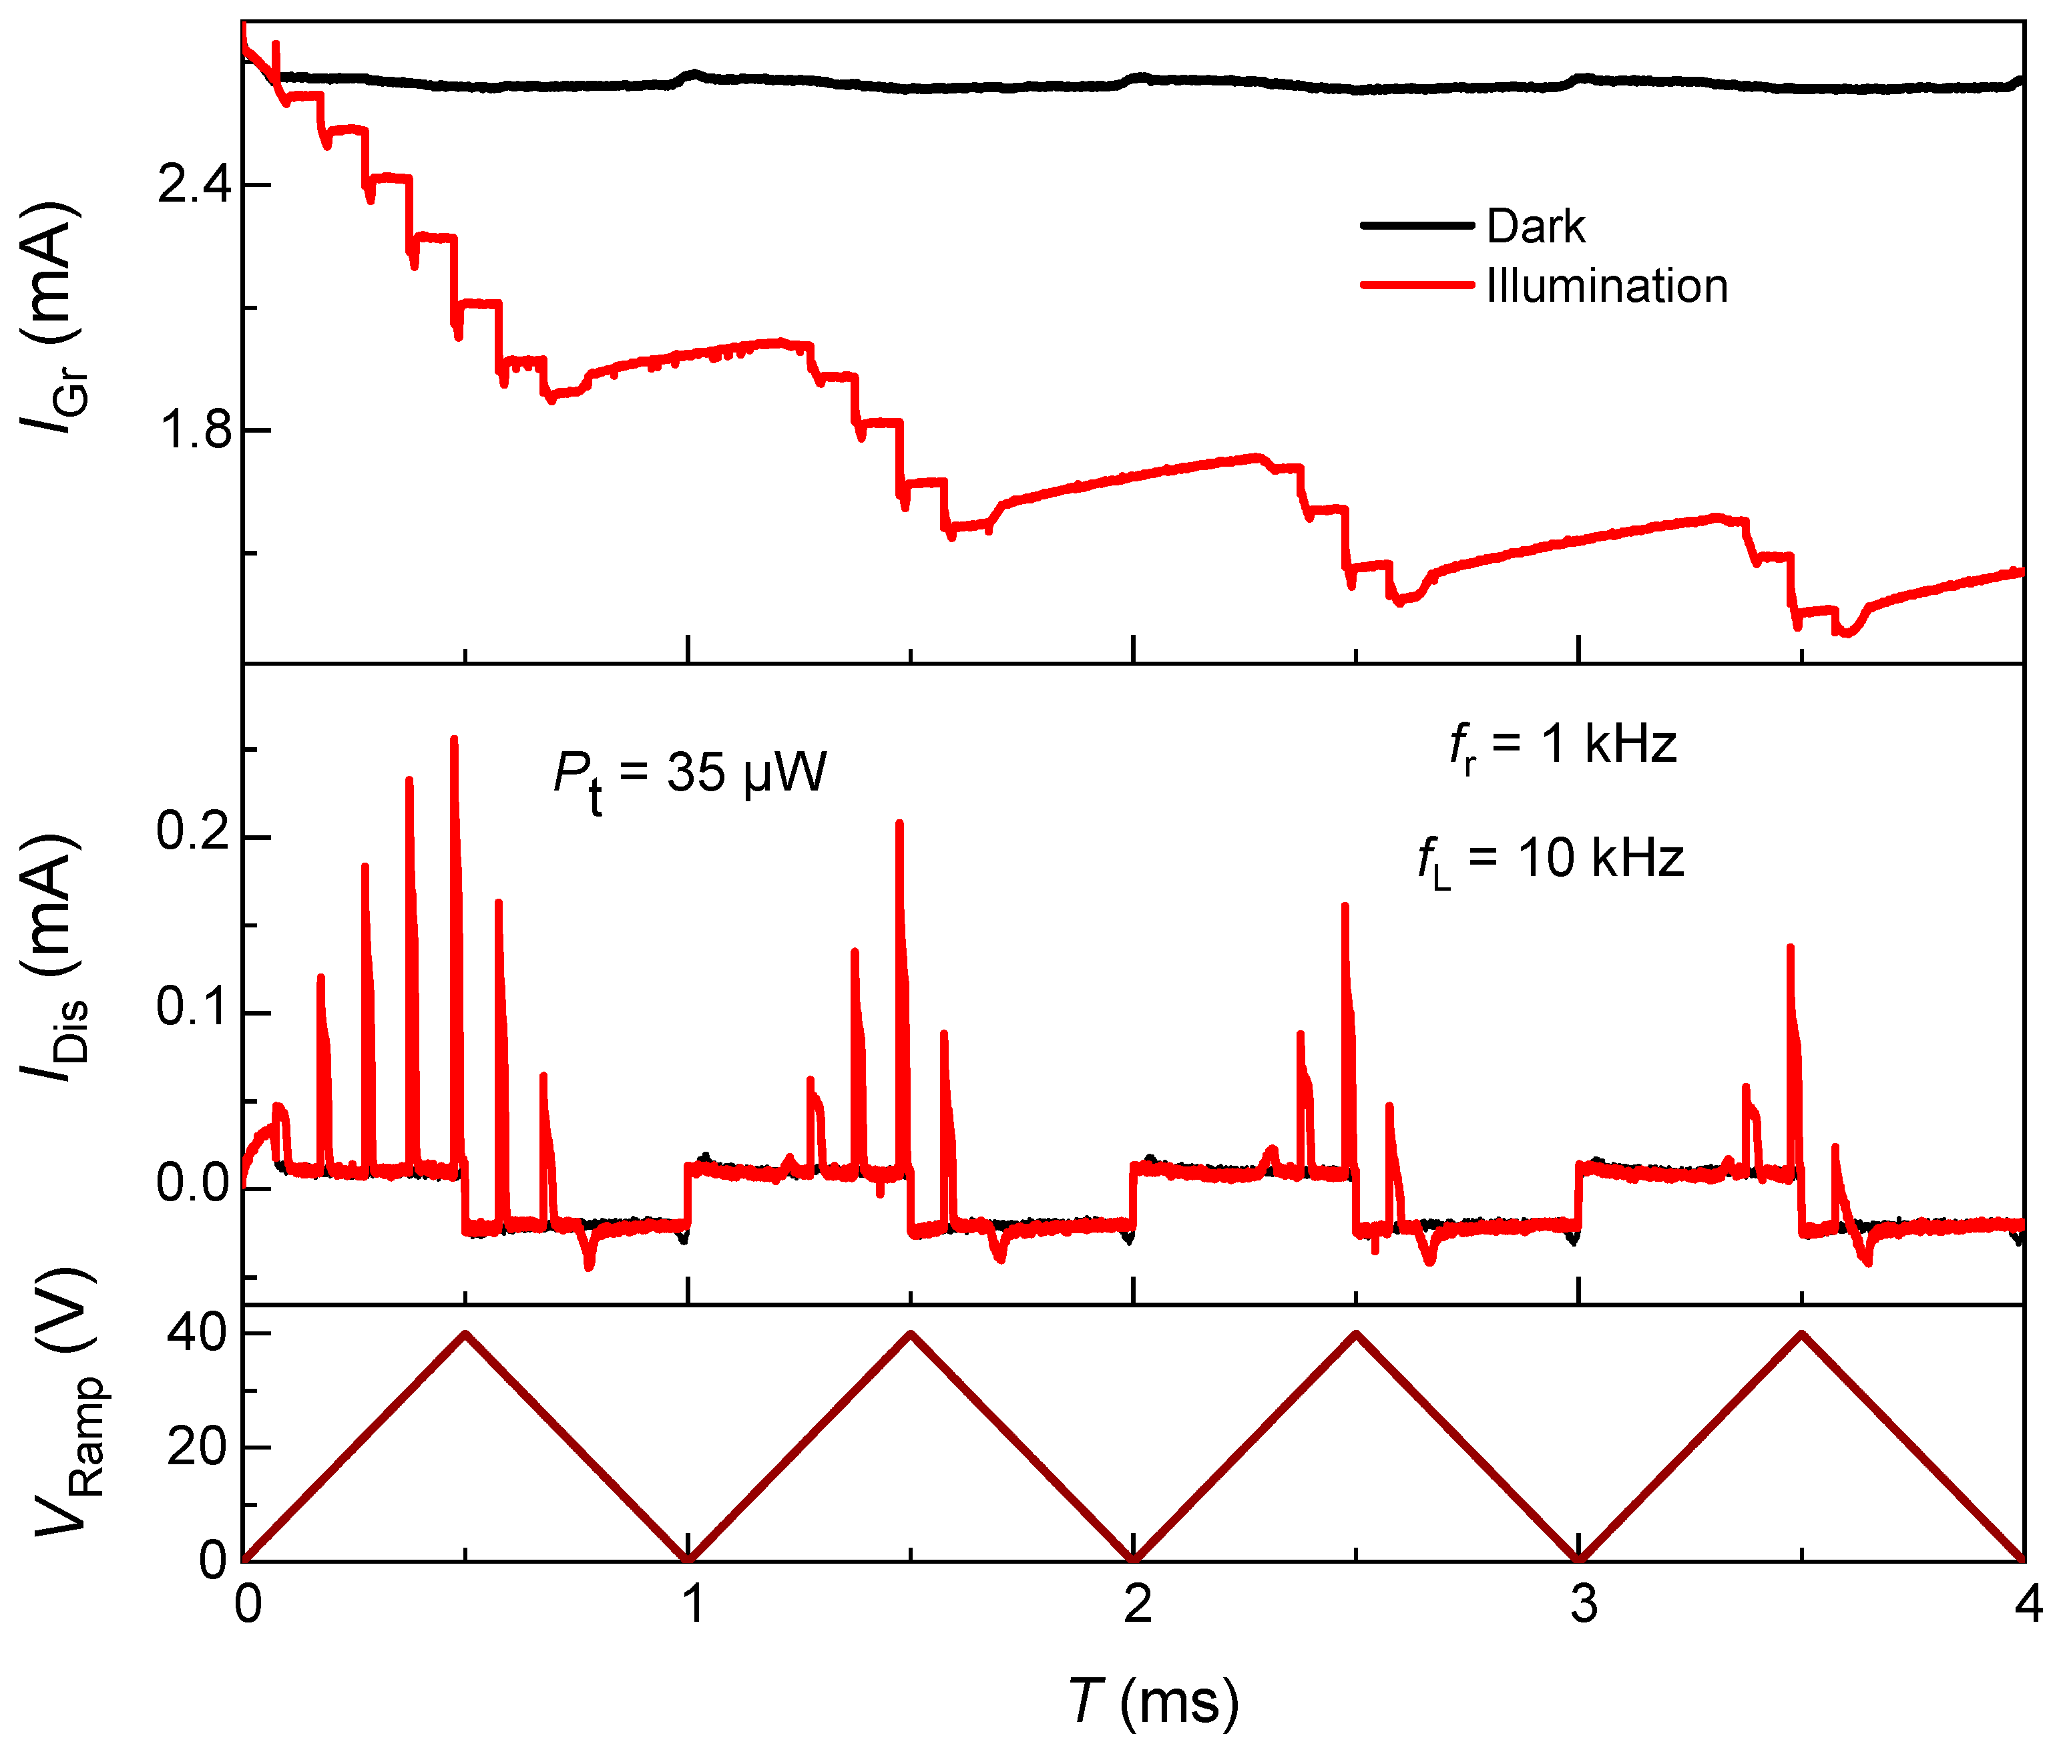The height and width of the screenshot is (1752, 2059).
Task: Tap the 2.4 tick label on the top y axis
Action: (x=194, y=185)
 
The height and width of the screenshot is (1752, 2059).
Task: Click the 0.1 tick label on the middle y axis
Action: (x=194, y=1006)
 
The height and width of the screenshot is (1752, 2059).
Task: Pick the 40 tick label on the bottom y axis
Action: (x=198, y=1332)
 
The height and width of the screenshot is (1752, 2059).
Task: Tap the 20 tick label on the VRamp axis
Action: (x=198, y=1446)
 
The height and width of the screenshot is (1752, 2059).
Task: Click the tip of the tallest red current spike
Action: (x=454, y=739)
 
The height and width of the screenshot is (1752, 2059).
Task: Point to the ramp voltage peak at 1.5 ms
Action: (x=911, y=1334)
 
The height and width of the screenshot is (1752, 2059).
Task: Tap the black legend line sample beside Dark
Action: (x=1415, y=226)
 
